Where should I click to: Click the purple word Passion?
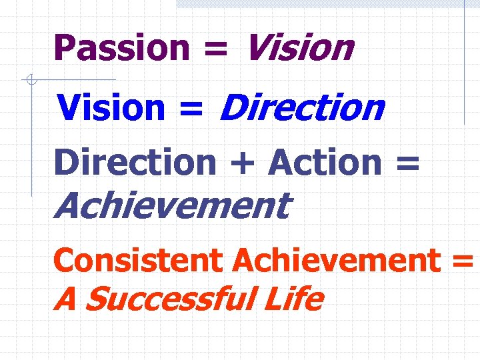122,49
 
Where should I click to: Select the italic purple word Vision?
299,49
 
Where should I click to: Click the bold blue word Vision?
111,108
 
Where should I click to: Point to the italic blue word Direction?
301,108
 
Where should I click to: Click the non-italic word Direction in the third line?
135,162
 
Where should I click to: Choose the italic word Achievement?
172,205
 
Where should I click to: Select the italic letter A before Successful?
66,300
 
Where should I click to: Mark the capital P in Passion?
65,49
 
